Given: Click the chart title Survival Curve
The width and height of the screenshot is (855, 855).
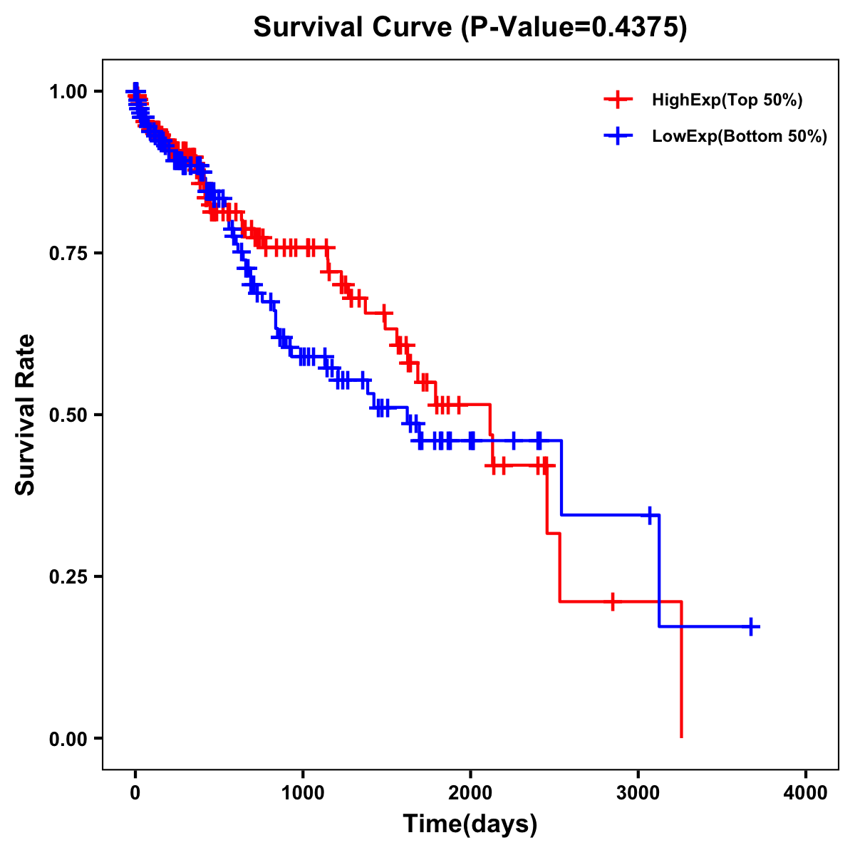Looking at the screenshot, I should tap(352, 28).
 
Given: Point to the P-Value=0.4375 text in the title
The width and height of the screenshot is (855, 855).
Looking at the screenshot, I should tap(574, 28).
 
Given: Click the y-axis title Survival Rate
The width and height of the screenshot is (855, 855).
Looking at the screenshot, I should tap(26, 414).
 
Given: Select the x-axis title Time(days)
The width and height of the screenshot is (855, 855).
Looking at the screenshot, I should tap(470, 824).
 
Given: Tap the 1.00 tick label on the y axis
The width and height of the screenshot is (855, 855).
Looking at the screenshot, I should tap(68, 92).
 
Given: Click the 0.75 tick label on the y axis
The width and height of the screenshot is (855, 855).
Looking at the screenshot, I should tap(68, 254).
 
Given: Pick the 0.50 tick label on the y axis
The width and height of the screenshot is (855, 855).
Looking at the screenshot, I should tap(68, 415).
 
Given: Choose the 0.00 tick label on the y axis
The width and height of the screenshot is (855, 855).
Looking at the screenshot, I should tap(68, 739).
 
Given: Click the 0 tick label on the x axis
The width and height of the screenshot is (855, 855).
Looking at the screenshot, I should tap(135, 792).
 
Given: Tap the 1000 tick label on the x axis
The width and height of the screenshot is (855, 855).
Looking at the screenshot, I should tap(303, 792).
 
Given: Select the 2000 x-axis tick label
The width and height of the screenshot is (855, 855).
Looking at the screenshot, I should tap(470, 792).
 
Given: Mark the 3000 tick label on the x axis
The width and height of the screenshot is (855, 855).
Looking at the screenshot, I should tap(638, 792).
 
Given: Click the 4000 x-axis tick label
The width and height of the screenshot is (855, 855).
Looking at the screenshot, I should tap(806, 792).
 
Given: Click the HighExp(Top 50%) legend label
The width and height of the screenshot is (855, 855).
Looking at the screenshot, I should tap(727, 100).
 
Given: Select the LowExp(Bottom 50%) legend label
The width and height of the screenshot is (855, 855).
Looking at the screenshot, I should tap(740, 137).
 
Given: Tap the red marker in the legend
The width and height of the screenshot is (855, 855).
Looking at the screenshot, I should tap(618, 100).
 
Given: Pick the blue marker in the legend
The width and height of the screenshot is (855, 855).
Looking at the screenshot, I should tap(618, 136).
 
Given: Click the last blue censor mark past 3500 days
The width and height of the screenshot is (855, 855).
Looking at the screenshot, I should tap(751, 627).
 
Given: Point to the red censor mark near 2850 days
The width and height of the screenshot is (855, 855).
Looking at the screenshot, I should tap(612, 601).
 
